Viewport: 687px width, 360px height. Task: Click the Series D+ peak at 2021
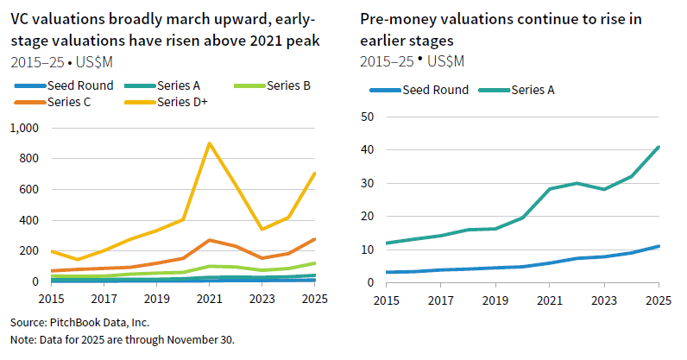[209, 143]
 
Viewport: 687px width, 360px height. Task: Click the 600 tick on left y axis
[29, 189]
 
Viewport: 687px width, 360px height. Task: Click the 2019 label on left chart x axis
[156, 298]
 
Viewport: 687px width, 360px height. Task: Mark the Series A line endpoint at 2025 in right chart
[659, 147]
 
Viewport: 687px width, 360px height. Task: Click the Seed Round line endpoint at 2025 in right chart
[659, 246]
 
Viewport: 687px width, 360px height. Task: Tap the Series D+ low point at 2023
[262, 229]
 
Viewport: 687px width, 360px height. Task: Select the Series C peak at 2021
[209, 240]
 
